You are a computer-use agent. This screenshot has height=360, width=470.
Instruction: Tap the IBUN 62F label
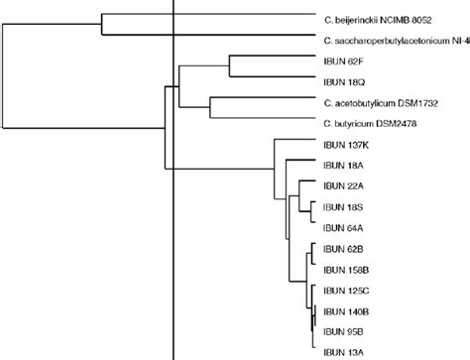343,60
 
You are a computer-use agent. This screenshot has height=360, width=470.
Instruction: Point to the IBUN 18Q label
343,81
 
